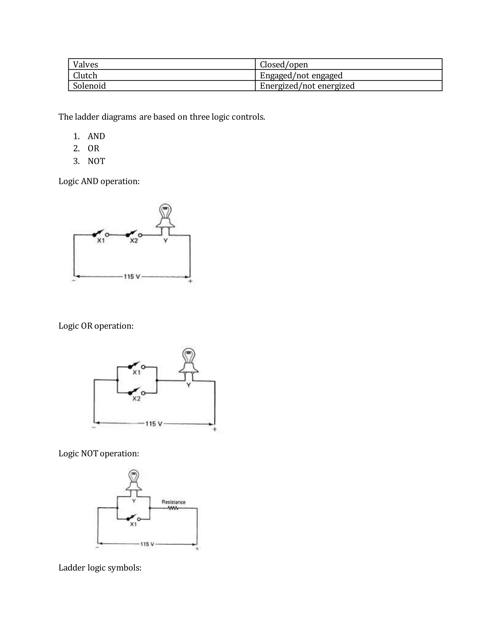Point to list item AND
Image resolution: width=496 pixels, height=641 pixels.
96,136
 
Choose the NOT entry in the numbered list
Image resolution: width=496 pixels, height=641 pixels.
96,161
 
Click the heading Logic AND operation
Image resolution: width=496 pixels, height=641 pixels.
99,181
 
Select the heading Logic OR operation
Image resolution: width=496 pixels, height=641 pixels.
96,326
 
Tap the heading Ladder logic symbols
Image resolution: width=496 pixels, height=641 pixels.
100,568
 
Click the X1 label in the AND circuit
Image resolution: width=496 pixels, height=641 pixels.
101,241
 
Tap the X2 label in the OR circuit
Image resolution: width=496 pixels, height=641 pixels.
136,399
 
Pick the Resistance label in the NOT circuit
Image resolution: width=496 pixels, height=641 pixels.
173,502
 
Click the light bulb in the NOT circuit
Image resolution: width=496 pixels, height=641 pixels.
134,480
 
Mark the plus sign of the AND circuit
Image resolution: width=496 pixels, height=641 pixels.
190,281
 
